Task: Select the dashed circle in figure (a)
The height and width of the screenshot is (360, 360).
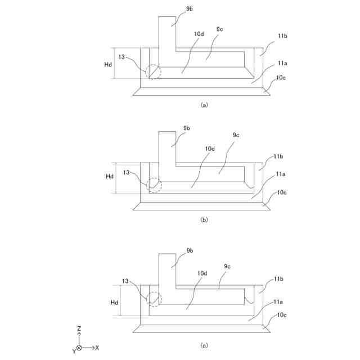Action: pyautogui.click(x=152, y=72)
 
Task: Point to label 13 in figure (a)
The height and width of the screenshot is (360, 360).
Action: pyautogui.click(x=122, y=56)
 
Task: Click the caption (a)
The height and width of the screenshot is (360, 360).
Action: pyautogui.click(x=204, y=105)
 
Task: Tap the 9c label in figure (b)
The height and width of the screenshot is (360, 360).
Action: pyautogui.click(x=236, y=135)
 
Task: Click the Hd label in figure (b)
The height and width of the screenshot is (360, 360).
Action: pyautogui.click(x=110, y=177)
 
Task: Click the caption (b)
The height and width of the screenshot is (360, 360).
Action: pyautogui.click(x=204, y=220)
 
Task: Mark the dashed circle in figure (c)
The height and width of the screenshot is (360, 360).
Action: pyautogui.click(x=154, y=299)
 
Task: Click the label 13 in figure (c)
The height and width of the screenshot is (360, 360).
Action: pyautogui.click(x=125, y=281)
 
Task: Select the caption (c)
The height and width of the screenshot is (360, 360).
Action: pyautogui.click(x=204, y=344)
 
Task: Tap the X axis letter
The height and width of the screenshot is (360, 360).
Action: pyautogui.click(x=97, y=348)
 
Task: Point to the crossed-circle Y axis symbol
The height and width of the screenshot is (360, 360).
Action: pyautogui.click(x=79, y=348)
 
